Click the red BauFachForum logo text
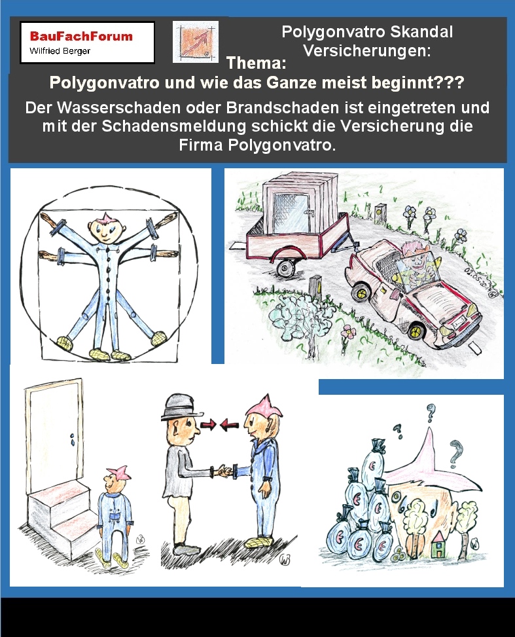pos(81,36)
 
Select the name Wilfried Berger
pos(60,51)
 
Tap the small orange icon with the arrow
pos(196,42)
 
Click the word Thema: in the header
pos(256,63)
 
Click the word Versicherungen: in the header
pos(366,51)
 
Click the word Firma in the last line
pos(201,145)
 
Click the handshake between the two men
pos(224,471)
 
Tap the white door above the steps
pos(54,435)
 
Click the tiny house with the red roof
pos(438,545)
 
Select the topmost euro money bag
pos(373,463)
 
